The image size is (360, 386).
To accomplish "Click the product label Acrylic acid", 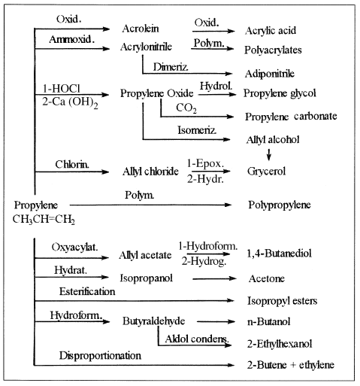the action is [x=271, y=31].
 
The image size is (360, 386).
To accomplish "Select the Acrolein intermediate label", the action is [x=141, y=29].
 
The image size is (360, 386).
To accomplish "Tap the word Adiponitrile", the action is [x=270, y=74].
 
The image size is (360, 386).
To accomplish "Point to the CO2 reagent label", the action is [x=186, y=108].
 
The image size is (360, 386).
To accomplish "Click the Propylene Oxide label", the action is [x=157, y=93].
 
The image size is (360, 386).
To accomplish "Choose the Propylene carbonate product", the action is [x=291, y=117].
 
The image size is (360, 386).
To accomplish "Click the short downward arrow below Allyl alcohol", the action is [x=269, y=154].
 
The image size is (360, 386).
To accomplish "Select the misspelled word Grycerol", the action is [x=266, y=172].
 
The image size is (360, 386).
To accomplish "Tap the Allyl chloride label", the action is [x=150, y=172].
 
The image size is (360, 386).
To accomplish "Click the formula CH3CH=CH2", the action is [x=44, y=220].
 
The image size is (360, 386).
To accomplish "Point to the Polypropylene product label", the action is [x=280, y=205].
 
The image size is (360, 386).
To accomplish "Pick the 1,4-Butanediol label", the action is [x=279, y=254].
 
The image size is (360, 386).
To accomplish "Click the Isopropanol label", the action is [x=147, y=278].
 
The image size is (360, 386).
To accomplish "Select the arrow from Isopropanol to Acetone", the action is [x=214, y=278].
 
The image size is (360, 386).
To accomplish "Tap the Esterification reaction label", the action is [x=87, y=291].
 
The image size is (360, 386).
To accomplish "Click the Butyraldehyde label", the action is [x=153, y=321].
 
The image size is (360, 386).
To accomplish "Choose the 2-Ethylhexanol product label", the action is [x=280, y=344].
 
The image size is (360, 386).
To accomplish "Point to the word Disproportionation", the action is [x=100, y=356].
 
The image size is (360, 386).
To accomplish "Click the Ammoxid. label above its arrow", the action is [x=72, y=39].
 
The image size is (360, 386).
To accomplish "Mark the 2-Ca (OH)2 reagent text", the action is [x=70, y=102].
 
